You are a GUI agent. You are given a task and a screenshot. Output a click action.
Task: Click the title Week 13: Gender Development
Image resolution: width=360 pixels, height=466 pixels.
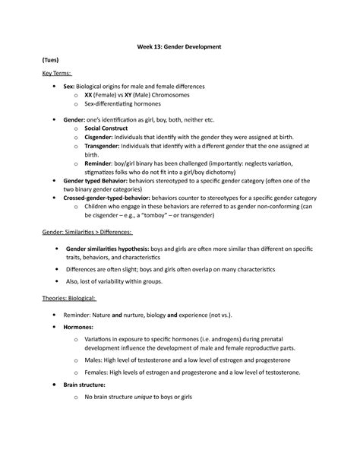179,47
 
